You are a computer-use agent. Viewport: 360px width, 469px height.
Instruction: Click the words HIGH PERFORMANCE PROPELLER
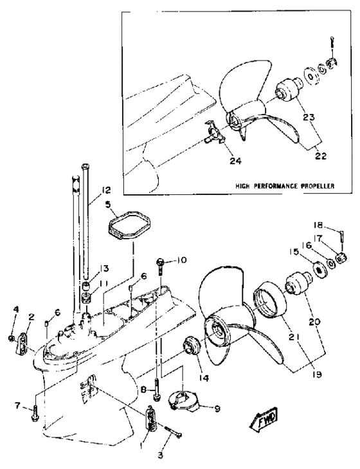285,186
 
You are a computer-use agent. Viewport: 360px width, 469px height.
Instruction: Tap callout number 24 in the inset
235,161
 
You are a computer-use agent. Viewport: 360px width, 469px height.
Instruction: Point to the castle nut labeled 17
341,258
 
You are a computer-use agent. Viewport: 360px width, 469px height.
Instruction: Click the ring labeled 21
270,299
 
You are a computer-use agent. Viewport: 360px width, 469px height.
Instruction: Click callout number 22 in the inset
320,156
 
